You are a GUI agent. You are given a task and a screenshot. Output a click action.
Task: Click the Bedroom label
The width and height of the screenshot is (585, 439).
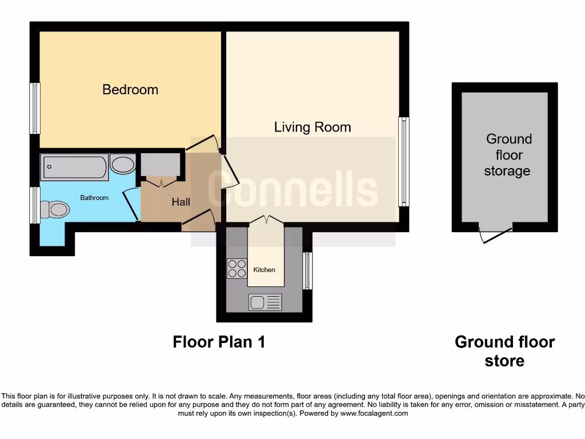click(130, 90)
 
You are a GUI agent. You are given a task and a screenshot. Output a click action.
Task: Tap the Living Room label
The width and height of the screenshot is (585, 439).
click(312, 127)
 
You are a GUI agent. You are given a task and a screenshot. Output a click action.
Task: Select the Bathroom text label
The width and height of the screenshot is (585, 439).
click(94, 198)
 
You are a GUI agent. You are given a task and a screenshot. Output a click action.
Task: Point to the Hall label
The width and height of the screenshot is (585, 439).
click(181, 202)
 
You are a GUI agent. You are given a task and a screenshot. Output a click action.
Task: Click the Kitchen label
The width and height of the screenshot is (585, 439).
click(265, 270)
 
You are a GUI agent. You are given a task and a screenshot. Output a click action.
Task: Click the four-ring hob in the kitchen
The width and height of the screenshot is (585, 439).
click(237, 269)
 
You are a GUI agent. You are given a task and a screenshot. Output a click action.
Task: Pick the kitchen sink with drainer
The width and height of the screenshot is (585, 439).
click(265, 302)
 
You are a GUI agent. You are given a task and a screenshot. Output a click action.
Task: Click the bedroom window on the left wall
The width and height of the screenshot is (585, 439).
click(35, 109)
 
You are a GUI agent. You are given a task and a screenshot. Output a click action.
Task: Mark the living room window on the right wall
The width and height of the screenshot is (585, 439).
click(404, 162)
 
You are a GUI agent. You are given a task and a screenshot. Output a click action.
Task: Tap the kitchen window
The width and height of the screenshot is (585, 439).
click(308, 271)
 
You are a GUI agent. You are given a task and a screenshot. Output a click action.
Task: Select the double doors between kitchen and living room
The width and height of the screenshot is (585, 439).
click(266, 220)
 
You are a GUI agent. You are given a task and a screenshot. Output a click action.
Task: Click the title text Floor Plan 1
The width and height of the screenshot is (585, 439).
click(219, 342)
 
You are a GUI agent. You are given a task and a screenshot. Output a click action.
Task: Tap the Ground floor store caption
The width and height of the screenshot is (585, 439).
click(504, 351)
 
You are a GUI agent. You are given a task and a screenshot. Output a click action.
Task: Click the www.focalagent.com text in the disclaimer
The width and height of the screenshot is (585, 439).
click(374, 413)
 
